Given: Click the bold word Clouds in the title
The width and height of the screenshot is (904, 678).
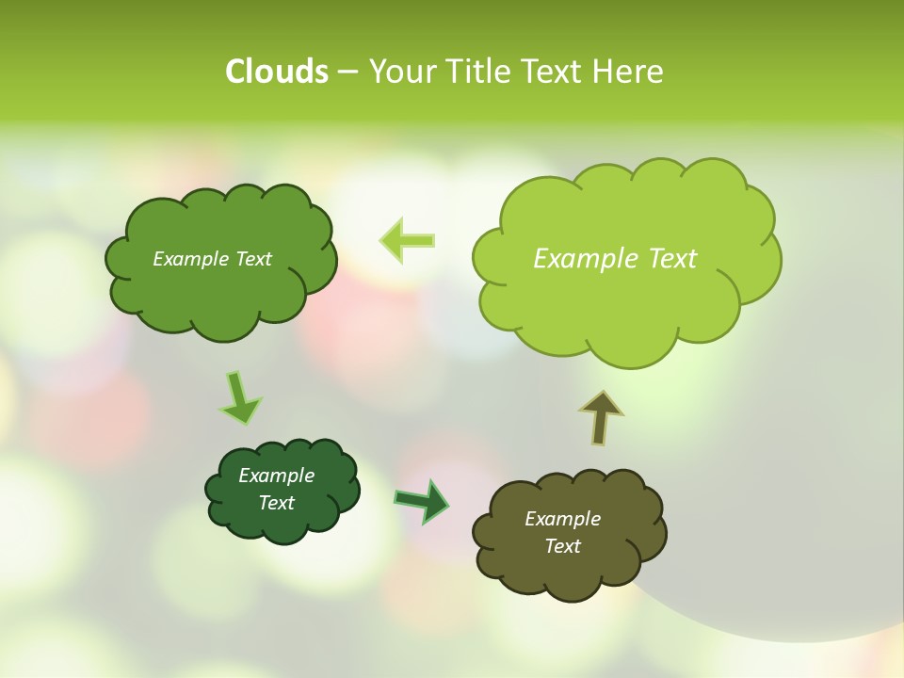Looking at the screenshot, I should pyautogui.click(x=276, y=72).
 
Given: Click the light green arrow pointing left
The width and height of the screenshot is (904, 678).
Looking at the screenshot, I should pyautogui.click(x=408, y=240).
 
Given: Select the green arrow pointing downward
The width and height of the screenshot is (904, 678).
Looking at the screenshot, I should pyautogui.click(x=239, y=397).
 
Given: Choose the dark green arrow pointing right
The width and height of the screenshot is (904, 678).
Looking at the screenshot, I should pyautogui.click(x=422, y=500).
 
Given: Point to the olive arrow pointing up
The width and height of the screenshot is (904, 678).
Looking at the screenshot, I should pyautogui.click(x=600, y=417).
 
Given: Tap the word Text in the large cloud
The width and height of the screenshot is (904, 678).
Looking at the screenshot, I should pyautogui.click(x=672, y=259).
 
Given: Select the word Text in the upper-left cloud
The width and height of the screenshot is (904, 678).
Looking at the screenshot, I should pyautogui.click(x=251, y=259).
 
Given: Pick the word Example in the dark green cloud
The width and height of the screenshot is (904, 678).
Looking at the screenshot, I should pyautogui.click(x=276, y=476).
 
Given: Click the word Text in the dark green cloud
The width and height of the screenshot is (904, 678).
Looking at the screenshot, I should pyautogui.click(x=276, y=503).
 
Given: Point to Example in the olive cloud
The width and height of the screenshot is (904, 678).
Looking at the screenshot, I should pyautogui.click(x=562, y=519).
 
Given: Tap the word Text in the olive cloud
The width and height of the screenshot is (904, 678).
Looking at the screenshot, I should pyautogui.click(x=562, y=546).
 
